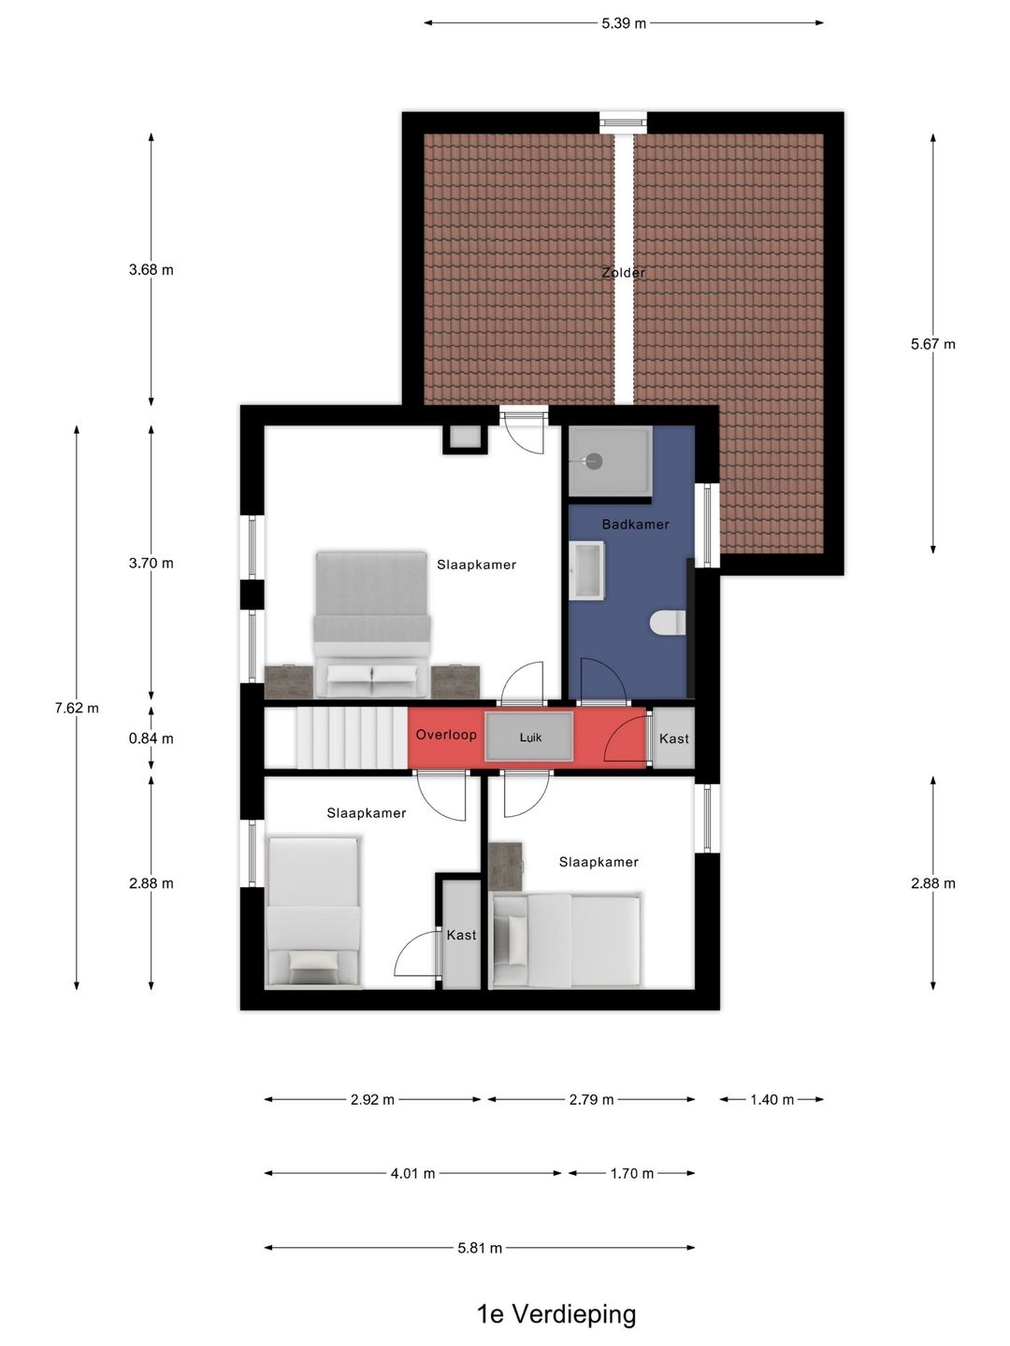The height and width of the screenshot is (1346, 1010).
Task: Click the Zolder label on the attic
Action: (x=623, y=272)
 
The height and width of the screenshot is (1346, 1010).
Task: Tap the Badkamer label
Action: (x=635, y=524)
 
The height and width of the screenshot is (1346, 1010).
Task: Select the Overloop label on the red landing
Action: (x=446, y=735)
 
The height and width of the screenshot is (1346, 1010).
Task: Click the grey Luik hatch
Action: (x=529, y=737)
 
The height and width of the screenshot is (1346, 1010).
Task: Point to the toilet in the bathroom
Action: (x=667, y=623)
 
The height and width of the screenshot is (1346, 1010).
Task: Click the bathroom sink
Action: (x=587, y=570)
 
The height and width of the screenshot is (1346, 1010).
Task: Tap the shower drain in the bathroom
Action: (x=594, y=461)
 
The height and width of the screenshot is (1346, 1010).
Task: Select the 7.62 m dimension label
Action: (x=77, y=709)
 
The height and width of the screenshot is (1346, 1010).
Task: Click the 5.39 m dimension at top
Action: (x=624, y=23)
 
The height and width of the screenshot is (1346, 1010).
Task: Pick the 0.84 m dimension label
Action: (x=151, y=738)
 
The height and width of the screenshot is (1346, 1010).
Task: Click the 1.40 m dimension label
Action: (x=772, y=1099)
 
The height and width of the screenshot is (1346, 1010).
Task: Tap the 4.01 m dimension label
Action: (x=412, y=1173)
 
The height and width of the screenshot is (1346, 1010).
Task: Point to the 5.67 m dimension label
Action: (x=932, y=344)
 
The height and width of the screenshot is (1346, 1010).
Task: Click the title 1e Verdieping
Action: (x=556, y=1314)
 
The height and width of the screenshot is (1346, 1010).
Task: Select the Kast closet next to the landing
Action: (x=673, y=737)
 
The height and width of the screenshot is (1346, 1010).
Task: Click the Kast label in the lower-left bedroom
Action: (x=461, y=935)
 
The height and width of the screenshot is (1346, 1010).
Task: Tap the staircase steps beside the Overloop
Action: (x=352, y=737)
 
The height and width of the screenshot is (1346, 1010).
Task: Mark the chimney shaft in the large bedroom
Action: (x=466, y=438)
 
